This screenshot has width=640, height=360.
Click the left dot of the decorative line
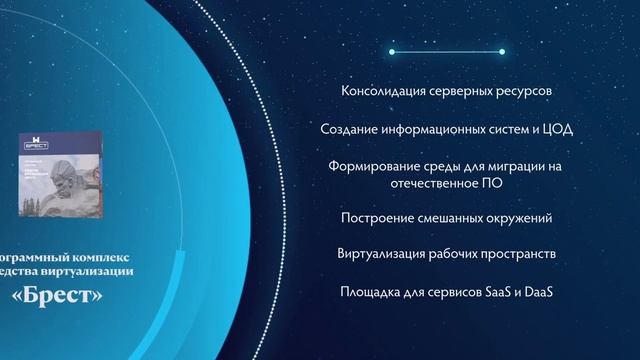391,51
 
